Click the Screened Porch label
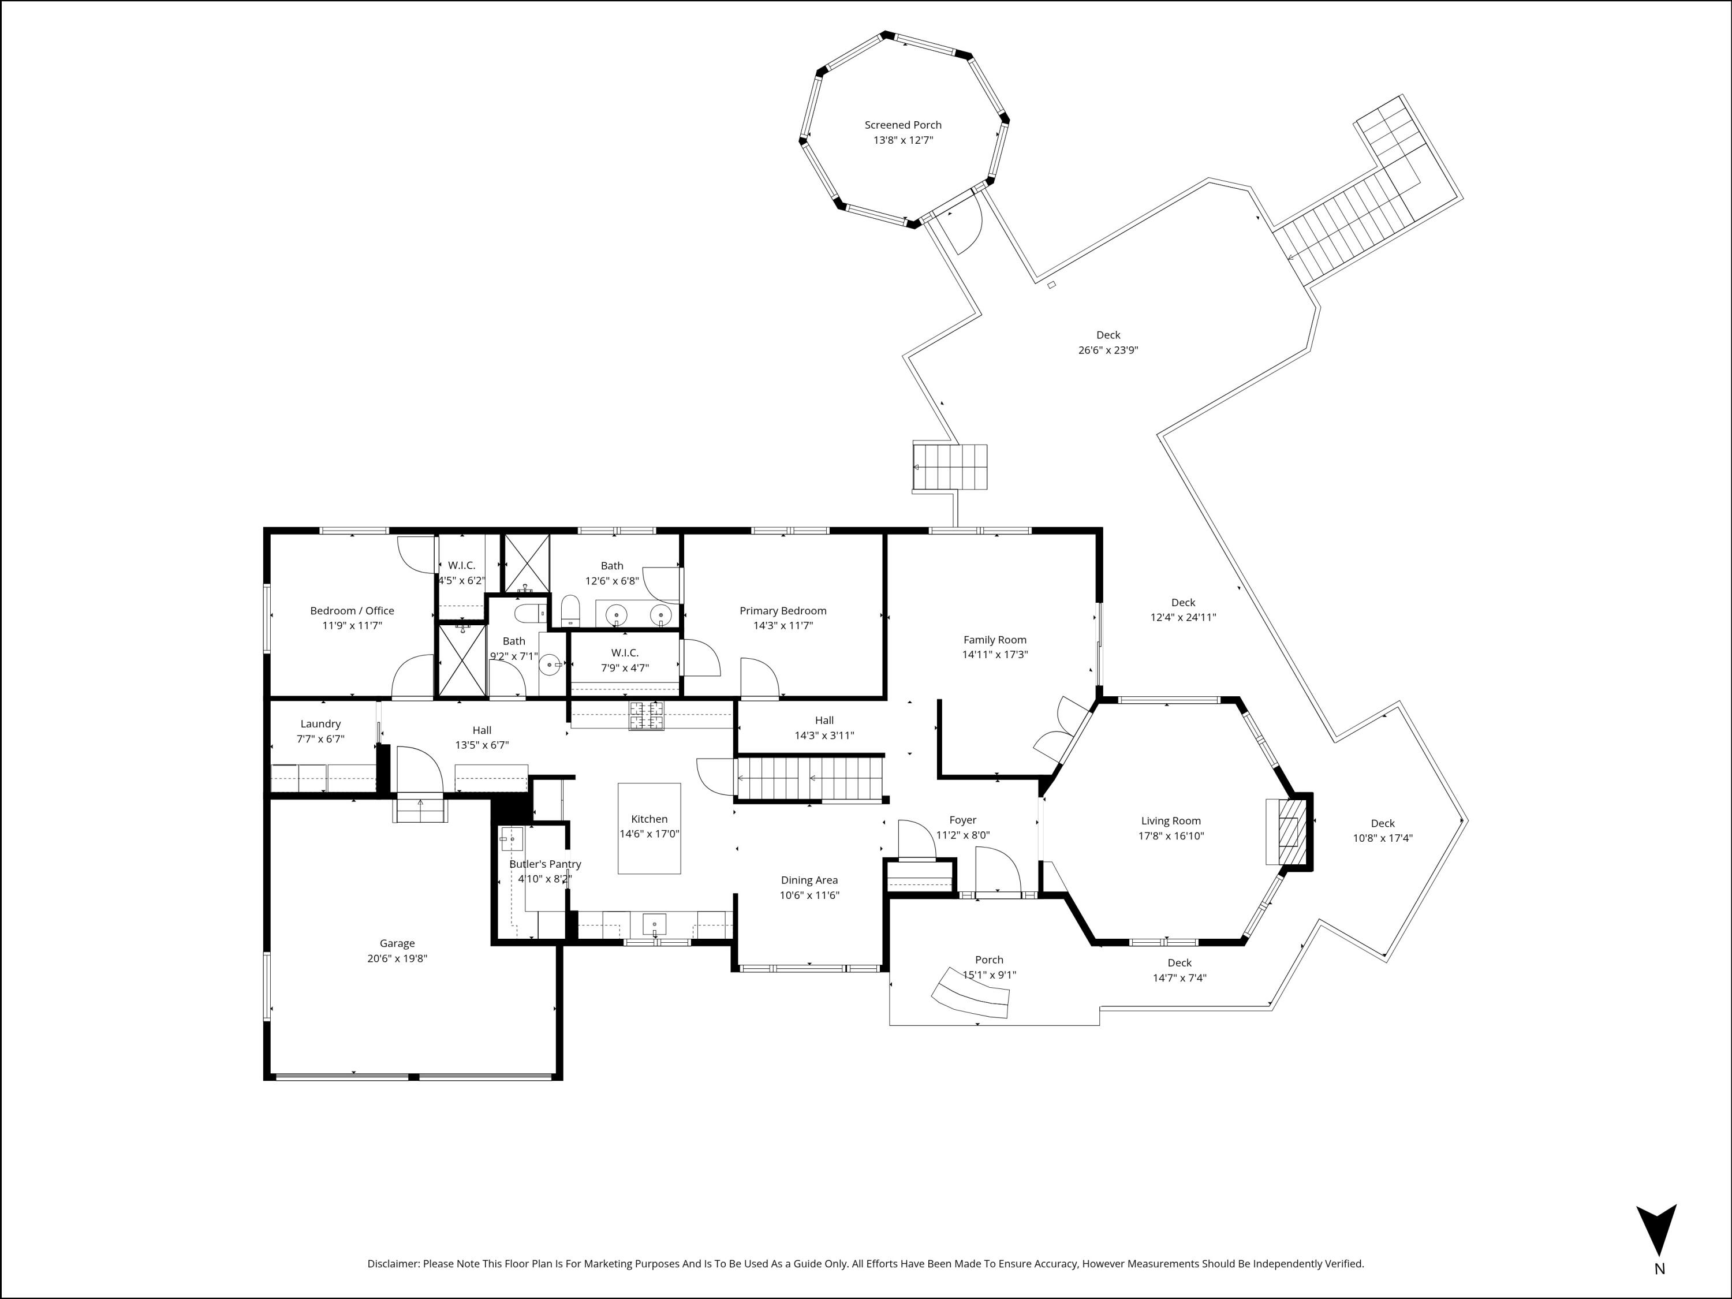[903, 125]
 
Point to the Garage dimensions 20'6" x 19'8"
[397, 958]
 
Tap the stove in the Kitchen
[647, 714]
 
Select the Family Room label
[994, 640]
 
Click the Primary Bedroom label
[783, 611]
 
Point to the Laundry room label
[320, 723]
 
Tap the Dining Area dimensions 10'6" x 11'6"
[809, 895]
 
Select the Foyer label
[962, 820]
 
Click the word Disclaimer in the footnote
[394, 1263]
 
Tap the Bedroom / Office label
[352, 611]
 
